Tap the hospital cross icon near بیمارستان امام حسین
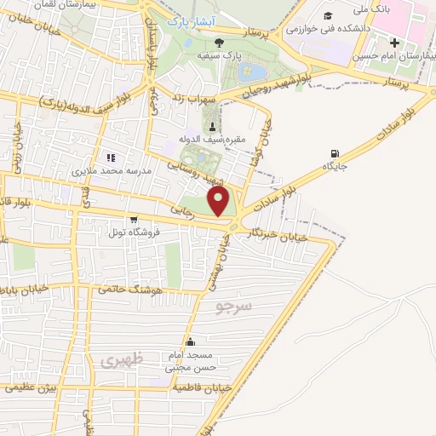click(x=393, y=43)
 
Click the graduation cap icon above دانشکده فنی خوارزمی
click(x=328, y=15)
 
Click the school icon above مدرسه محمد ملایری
click(x=110, y=157)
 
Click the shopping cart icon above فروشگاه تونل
click(x=133, y=219)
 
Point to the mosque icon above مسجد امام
click(x=201, y=342)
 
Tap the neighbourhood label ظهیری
click(x=118, y=361)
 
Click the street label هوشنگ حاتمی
click(x=129, y=289)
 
